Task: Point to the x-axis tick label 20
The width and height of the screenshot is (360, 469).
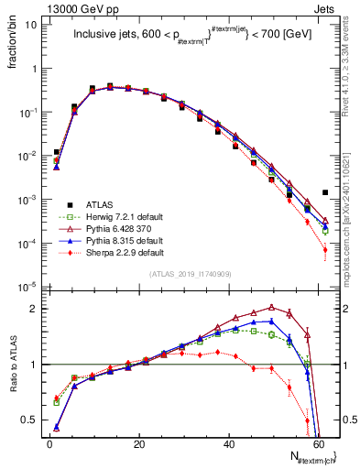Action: pyautogui.click(x=138, y=442)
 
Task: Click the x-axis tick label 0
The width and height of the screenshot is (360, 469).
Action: pyautogui.click(x=49, y=442)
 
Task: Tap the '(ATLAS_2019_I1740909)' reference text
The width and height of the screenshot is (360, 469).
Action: pyautogui.click(x=189, y=273)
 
